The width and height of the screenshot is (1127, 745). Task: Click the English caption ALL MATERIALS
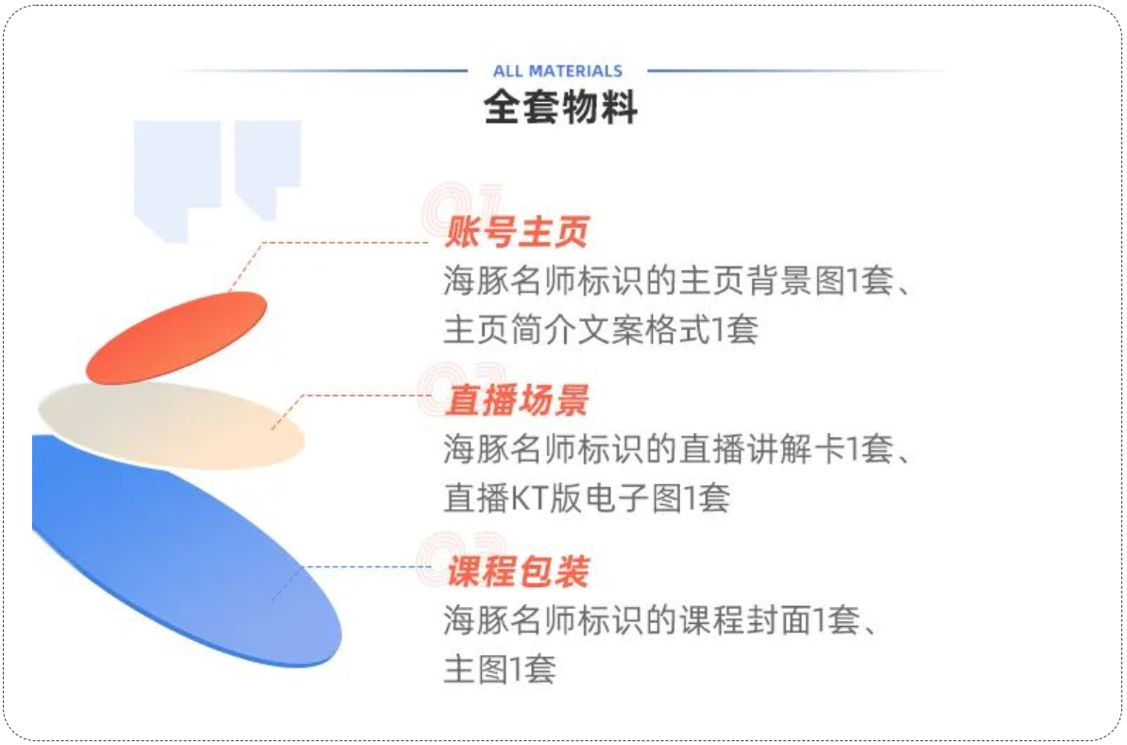[557, 71]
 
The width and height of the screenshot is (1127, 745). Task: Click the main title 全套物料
[560, 107]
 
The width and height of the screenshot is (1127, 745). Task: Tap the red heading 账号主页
[517, 232]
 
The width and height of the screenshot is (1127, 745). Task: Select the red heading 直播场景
[517, 400]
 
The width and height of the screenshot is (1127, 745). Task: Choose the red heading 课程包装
[518, 572]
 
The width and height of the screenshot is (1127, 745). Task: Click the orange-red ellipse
[176, 338]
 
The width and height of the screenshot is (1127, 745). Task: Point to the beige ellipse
[171, 425]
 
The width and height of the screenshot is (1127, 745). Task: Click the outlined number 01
[461, 209]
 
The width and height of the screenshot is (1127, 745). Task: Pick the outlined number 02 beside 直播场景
[461, 389]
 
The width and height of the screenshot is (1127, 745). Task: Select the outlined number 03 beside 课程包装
[461, 560]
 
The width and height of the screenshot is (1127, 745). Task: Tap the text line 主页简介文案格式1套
[601, 330]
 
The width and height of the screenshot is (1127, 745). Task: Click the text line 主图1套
[500, 668]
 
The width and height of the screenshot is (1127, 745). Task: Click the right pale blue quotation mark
[268, 170]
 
